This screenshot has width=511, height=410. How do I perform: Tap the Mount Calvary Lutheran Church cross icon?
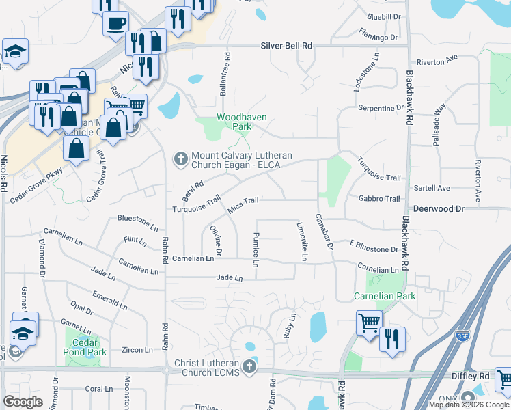[x=181, y=159]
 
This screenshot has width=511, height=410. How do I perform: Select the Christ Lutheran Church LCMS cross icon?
[x=249, y=368]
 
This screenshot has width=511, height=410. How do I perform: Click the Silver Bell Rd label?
[x=286, y=46]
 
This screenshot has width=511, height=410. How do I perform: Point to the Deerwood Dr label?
[x=439, y=208]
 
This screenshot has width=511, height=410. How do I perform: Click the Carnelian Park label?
[x=375, y=296]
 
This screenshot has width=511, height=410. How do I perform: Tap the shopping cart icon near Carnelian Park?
[x=370, y=320]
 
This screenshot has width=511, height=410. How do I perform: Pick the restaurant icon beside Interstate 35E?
[x=392, y=338]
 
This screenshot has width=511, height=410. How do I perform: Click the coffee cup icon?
[x=115, y=22]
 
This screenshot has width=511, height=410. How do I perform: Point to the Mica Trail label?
[x=243, y=204]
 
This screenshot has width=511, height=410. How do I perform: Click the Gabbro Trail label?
[x=378, y=199]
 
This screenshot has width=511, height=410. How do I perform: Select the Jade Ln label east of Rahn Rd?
[x=230, y=278]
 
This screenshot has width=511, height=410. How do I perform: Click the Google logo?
[x=23, y=402]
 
